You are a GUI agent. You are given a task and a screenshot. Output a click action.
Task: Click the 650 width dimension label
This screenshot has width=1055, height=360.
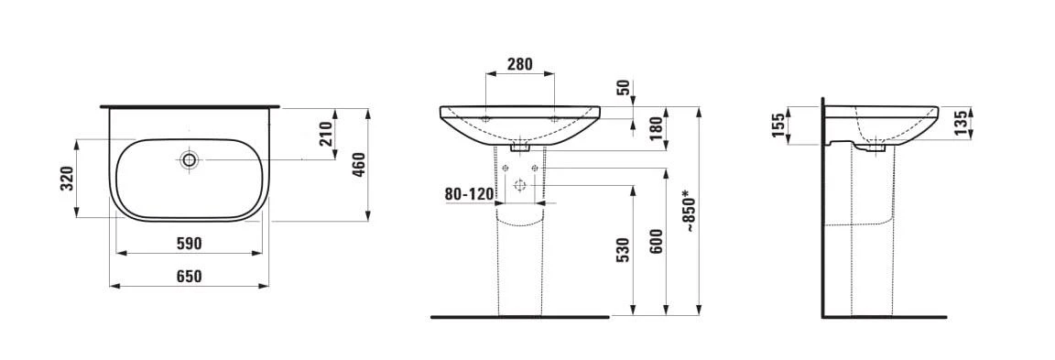pyautogui.click(x=189, y=277)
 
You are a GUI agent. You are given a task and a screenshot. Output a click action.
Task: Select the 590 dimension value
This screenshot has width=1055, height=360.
pyautogui.click(x=189, y=244)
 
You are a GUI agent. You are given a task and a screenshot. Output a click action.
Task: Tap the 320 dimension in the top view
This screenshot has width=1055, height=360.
pyautogui.click(x=67, y=179)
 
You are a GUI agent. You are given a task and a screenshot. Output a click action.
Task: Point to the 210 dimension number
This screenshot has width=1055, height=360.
pyautogui.click(x=326, y=134)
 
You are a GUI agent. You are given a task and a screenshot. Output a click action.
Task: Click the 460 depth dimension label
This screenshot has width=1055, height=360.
pyautogui.click(x=359, y=165)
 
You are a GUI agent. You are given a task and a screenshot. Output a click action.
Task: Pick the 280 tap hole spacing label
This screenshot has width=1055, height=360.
pyautogui.click(x=519, y=64)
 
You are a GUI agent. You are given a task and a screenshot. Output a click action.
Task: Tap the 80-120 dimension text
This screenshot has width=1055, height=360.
pyautogui.click(x=469, y=194)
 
